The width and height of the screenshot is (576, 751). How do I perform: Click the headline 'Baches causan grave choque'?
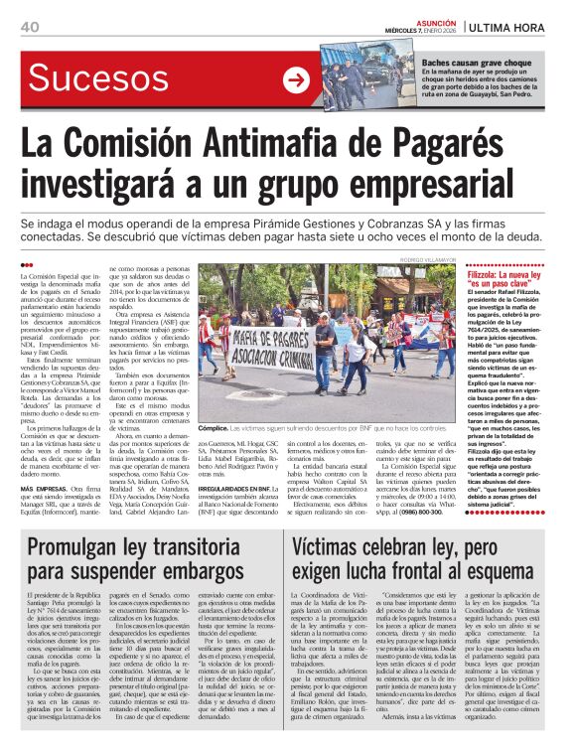pyautogui.click(x=469, y=63)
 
